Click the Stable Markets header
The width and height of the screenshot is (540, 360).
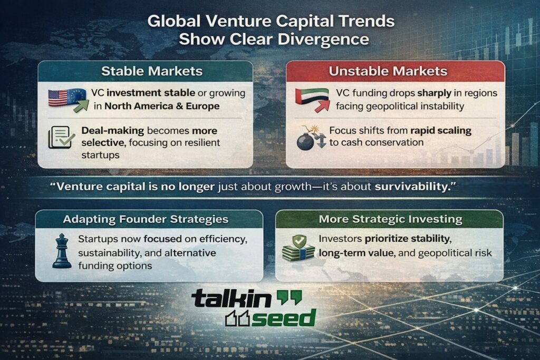pyautogui.click(x=145, y=71)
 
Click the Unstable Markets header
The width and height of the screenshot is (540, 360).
pyautogui.click(x=395, y=71)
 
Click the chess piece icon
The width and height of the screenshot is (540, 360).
pyautogui.click(x=61, y=252)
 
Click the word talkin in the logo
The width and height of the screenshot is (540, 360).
pyautogui.click(x=230, y=299)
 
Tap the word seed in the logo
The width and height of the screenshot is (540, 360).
pyautogui.click(x=283, y=318)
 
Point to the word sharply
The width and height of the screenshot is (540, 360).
pyautogui.click(x=432, y=93)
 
